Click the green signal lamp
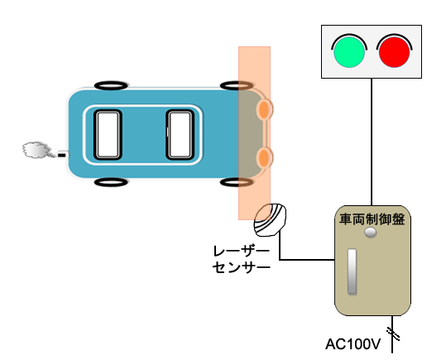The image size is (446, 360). (x=349, y=52)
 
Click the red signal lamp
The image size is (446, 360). (x=394, y=52)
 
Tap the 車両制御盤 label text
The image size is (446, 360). (x=372, y=219)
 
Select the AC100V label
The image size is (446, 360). (x=352, y=344)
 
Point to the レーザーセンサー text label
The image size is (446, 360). (x=242, y=259)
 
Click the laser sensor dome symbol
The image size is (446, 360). (x=270, y=219)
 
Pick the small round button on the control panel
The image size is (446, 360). (x=371, y=233)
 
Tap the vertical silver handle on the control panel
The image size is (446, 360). (x=352, y=271)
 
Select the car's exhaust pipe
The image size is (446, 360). (x=63, y=155)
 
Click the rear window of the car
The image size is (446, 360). (x=108, y=135)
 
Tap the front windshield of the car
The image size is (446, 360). (x=180, y=135)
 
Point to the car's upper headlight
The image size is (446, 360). (x=264, y=109)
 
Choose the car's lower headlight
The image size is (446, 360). (x=264, y=157)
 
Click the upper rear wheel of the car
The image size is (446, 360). (x=111, y=85)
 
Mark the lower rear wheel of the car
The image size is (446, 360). (x=111, y=182)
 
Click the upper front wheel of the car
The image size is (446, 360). (x=237, y=85)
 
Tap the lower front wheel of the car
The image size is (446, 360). (x=237, y=182)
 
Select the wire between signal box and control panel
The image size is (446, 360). (x=372, y=142)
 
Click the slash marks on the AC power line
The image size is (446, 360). (x=393, y=334)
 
